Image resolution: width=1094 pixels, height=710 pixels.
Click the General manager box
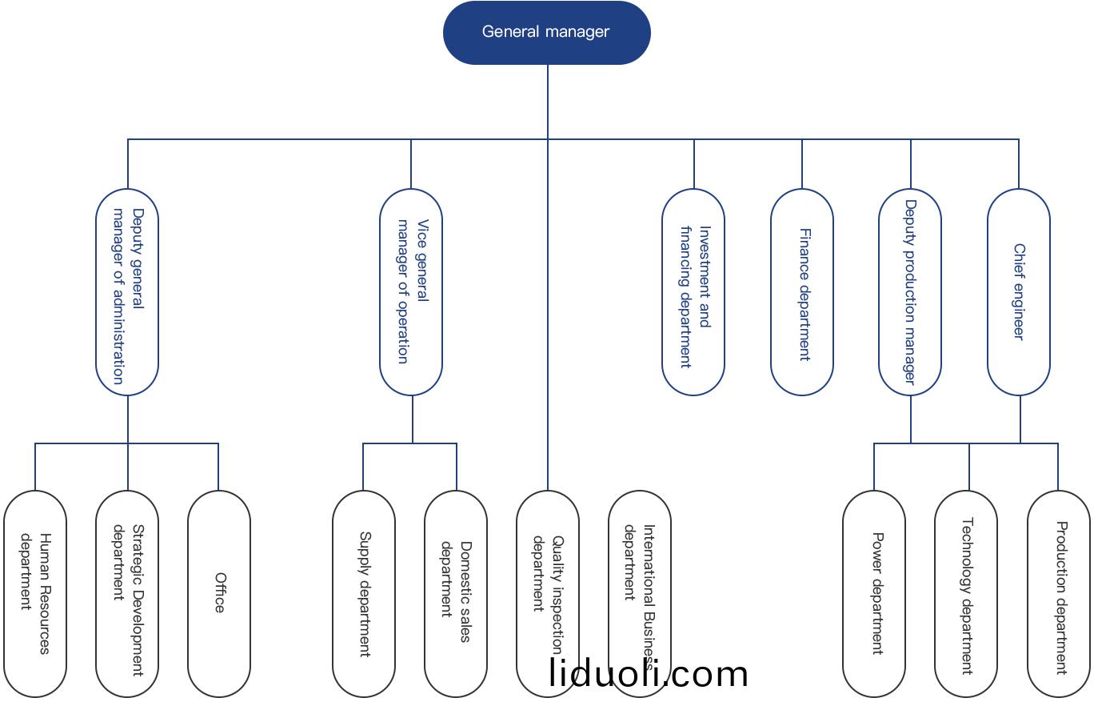click(547, 32)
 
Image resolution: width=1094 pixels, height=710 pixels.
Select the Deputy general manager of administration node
click(127, 292)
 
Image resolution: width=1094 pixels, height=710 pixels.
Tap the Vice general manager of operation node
click(411, 292)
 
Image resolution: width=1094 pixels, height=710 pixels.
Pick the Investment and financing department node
click(693, 292)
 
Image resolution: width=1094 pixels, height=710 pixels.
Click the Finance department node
click(802, 292)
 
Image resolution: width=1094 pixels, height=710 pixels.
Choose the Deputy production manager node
click(910, 292)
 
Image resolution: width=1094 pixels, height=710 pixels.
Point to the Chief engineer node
click(1019, 292)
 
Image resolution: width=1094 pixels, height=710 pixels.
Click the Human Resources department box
click(35, 593)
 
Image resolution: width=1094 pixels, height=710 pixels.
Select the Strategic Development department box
click(127, 593)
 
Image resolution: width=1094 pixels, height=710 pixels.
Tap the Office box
click(219, 593)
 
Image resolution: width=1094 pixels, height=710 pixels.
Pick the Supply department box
click(364, 593)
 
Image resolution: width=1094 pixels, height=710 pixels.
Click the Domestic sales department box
click(456, 593)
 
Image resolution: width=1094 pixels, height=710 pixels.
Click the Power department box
click(874, 593)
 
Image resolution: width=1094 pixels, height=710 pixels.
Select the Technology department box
click(966, 593)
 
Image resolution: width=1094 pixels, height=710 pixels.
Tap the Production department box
click(1059, 593)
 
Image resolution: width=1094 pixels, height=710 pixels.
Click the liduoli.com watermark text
click(649, 674)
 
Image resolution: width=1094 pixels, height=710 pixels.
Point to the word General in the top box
click(509, 32)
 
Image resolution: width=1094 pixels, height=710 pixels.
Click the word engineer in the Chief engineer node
click(1019, 311)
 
